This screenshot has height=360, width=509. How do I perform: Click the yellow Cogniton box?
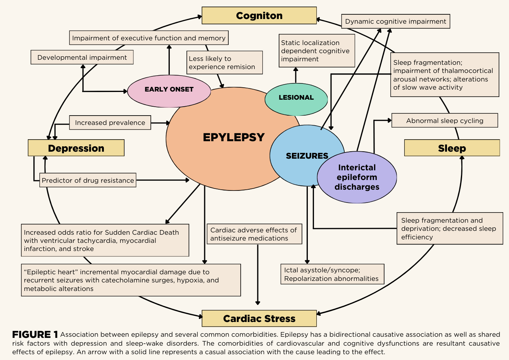[x=259, y=16]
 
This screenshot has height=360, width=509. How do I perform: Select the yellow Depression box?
[x=76, y=148]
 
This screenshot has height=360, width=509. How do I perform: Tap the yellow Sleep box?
[x=452, y=148]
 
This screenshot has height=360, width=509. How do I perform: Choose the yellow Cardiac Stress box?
[x=259, y=318]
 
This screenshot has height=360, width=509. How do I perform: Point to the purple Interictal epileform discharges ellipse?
[x=357, y=177]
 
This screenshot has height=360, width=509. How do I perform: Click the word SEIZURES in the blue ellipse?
[x=307, y=156]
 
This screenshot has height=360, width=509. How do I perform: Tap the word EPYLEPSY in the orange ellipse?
[x=234, y=137]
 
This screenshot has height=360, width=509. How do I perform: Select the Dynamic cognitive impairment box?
[x=395, y=21]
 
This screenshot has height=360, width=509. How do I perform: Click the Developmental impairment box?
[x=82, y=57]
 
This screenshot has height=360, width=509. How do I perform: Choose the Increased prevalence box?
[x=110, y=123]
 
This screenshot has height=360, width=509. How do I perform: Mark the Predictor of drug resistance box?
[x=88, y=180]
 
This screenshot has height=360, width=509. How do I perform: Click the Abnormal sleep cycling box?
[x=445, y=121]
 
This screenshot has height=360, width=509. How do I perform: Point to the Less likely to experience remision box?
[x=224, y=62]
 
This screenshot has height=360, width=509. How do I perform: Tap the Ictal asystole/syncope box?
[x=332, y=274]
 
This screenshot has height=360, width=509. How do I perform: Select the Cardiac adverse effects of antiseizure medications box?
[x=254, y=234]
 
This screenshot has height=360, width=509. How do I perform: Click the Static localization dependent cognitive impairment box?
[x=317, y=51]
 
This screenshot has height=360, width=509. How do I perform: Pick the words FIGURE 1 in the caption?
[x=35, y=335]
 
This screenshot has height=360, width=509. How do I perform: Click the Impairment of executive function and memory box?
[x=149, y=38]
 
